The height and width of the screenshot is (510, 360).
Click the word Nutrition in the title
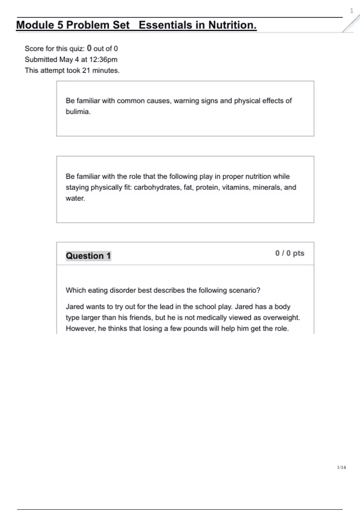[232, 25]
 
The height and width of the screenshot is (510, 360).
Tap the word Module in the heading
[35, 25]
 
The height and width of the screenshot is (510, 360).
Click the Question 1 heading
[88, 256]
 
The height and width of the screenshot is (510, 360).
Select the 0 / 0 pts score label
[289, 253]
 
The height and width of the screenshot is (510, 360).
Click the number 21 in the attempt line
[86, 70]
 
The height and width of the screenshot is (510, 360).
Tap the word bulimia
[77, 112]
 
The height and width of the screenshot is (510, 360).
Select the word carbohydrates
[157, 187]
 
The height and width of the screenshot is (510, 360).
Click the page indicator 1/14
[341, 467]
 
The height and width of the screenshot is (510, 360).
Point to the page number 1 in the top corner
[352, 11]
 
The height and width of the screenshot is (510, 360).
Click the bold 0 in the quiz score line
[89, 48]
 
